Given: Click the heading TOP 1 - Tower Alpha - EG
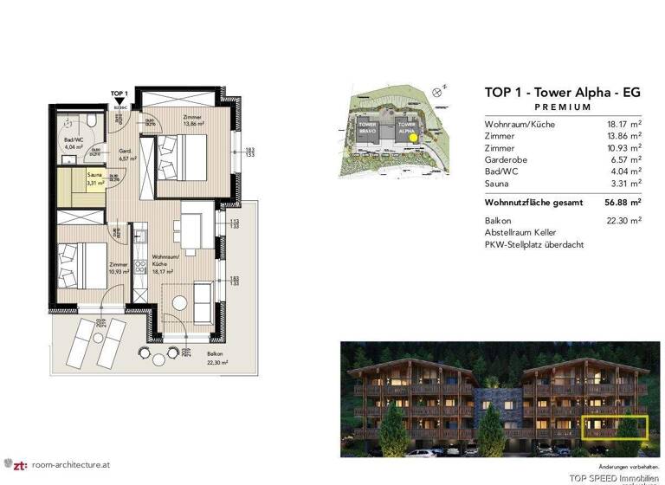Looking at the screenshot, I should pyautogui.click(x=562, y=92).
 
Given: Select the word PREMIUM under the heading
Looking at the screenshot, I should pyautogui.click(x=563, y=107).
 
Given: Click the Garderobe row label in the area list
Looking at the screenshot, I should pyautogui.click(x=508, y=159).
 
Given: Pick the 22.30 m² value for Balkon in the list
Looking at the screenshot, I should pyautogui.click(x=623, y=221).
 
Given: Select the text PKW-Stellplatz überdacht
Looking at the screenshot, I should pyautogui.click(x=534, y=245).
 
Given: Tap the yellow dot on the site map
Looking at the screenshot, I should pyautogui.click(x=413, y=136).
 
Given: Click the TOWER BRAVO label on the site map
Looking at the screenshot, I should pyautogui.click(x=367, y=128).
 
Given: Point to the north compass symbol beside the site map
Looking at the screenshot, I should pyautogui.click(x=443, y=88).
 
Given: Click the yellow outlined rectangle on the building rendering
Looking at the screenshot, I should pyautogui.click(x=616, y=427).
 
